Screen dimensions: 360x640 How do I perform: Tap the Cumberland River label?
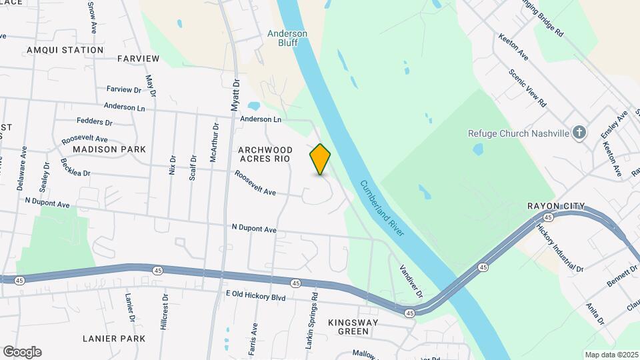tap(382, 209)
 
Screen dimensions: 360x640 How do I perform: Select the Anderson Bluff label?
tap(287, 37)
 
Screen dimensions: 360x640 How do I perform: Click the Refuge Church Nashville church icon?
tap(579, 132)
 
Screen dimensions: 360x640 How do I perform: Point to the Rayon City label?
tap(555, 206)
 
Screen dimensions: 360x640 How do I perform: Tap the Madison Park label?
tap(109, 149)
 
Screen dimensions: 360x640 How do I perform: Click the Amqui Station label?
tap(65, 50)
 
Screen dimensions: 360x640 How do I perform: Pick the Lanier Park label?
tap(114, 339)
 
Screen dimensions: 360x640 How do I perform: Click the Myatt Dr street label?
tap(235, 95)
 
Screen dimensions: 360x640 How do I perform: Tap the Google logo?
tap(22, 351)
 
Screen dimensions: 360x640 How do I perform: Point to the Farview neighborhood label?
tap(138, 59)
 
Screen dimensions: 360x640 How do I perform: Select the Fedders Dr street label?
tap(94, 122)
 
